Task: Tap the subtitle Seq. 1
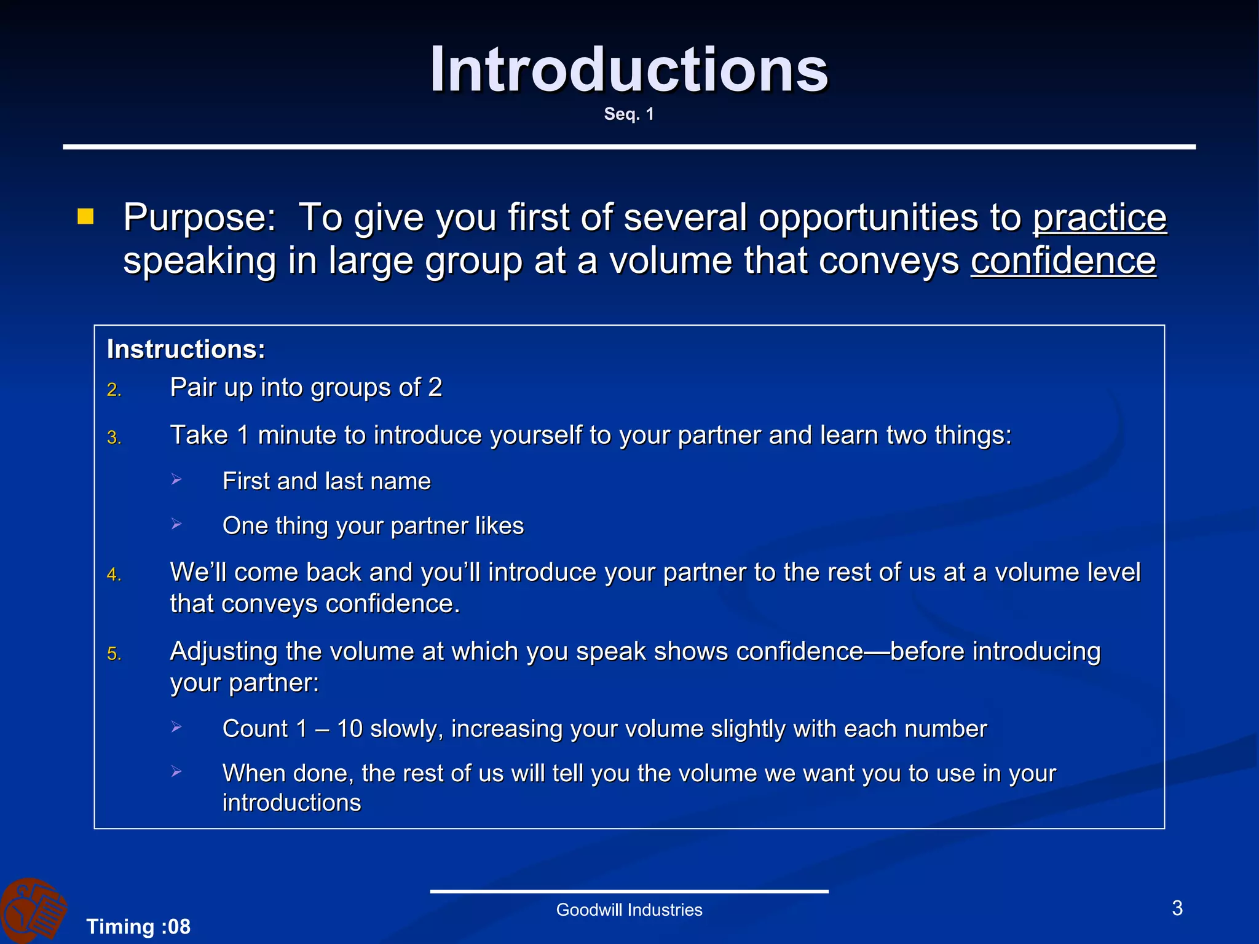click(629, 114)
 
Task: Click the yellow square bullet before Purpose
click(85, 216)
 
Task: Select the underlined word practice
click(1099, 218)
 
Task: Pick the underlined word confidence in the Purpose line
click(1063, 261)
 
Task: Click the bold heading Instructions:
click(186, 349)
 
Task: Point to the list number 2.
click(114, 390)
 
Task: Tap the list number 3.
click(114, 438)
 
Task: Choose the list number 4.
click(114, 575)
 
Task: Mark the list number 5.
click(114, 654)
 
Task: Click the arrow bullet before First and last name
click(176, 479)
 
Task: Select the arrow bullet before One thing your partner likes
click(176, 524)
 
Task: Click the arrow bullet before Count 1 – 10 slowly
click(176, 727)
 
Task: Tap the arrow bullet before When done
click(176, 771)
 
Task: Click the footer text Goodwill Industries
click(629, 910)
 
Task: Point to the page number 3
click(1177, 908)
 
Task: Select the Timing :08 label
click(138, 926)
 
